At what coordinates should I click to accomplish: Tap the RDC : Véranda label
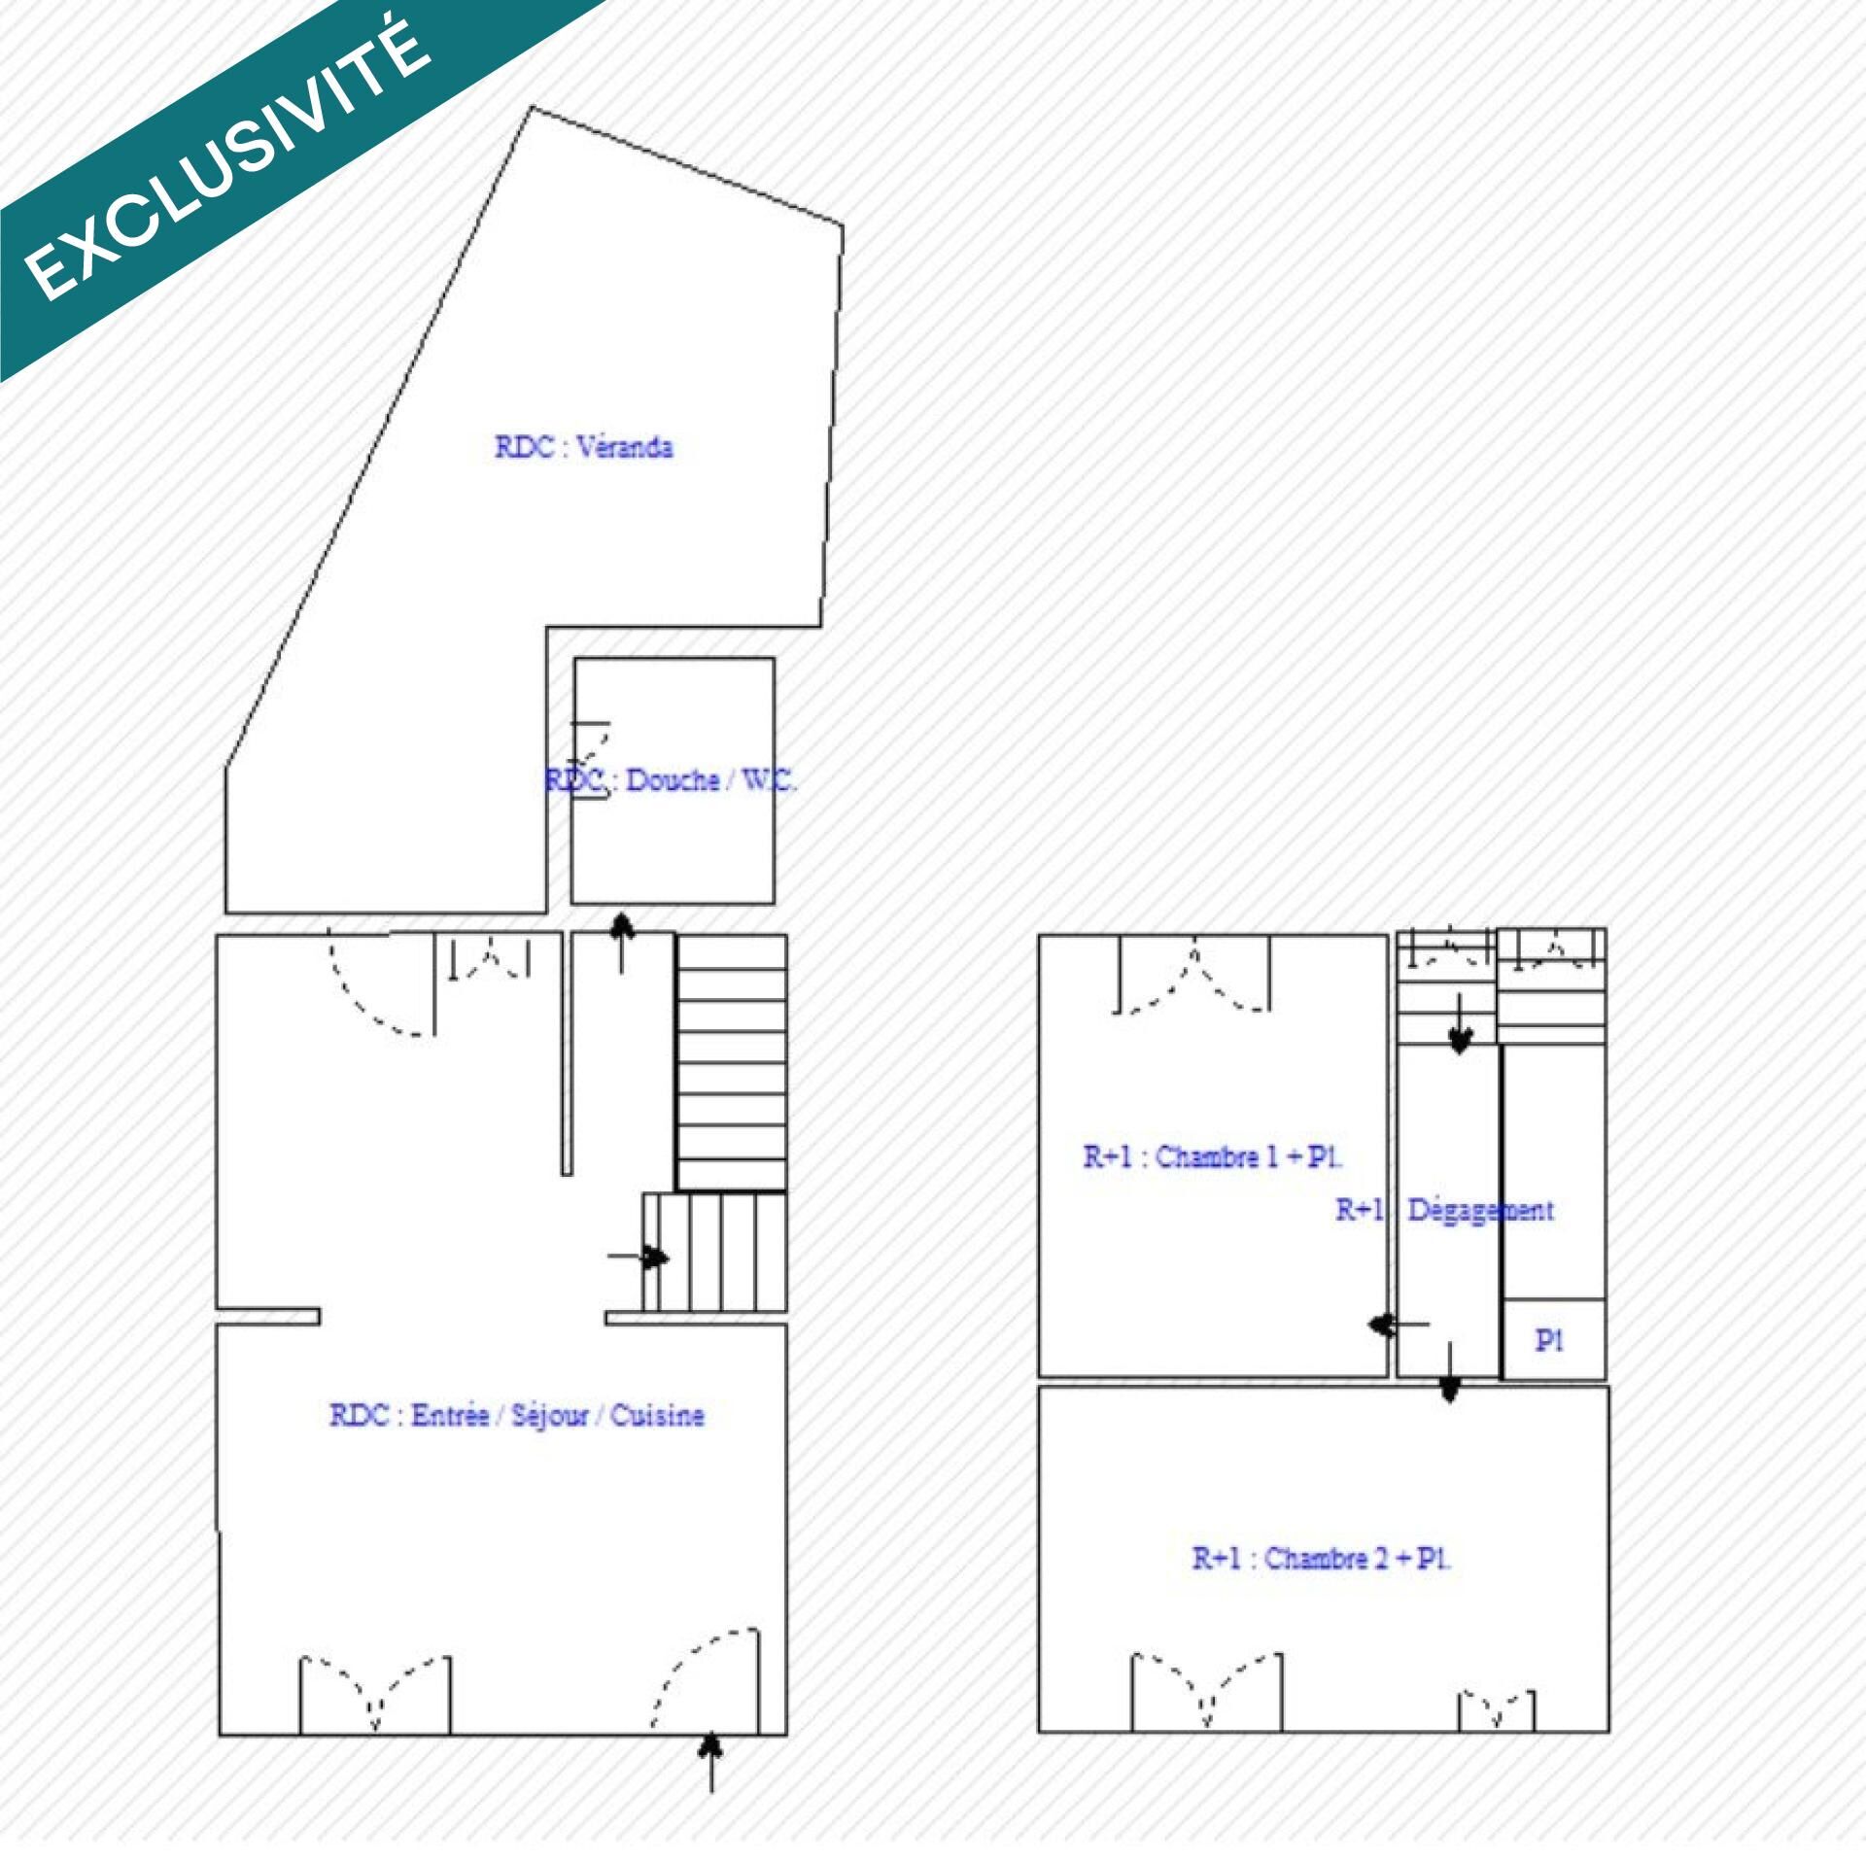coord(583,447)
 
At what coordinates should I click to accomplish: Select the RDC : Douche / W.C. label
coord(671,780)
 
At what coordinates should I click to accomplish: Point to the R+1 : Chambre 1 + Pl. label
coord(1213,1157)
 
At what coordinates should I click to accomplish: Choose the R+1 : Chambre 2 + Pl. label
coord(1322,1558)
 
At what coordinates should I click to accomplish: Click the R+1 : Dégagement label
coord(1444,1211)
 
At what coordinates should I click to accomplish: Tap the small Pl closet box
coord(1553,1339)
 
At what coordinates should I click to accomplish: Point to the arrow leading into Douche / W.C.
coord(623,943)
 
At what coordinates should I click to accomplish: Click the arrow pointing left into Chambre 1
coord(1399,1324)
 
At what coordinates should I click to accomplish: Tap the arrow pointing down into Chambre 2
coord(1450,1372)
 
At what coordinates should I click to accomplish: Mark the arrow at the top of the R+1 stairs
coord(1459,1023)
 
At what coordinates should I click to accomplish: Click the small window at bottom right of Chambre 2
coord(1497,1711)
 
